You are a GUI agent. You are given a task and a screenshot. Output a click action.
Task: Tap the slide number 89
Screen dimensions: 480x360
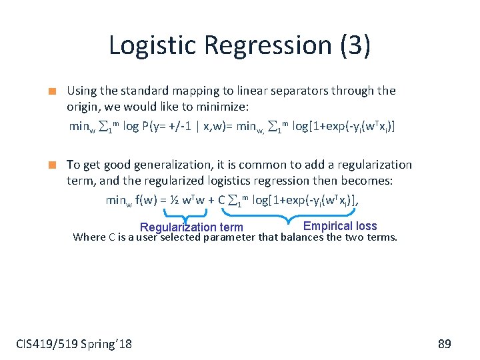tap(445, 344)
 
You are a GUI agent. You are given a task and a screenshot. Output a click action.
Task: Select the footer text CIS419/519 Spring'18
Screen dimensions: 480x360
tap(74, 344)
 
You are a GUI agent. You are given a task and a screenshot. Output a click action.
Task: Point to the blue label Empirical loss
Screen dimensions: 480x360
tap(340, 226)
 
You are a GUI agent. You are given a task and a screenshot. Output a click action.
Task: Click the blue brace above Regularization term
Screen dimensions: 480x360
tap(185, 213)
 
